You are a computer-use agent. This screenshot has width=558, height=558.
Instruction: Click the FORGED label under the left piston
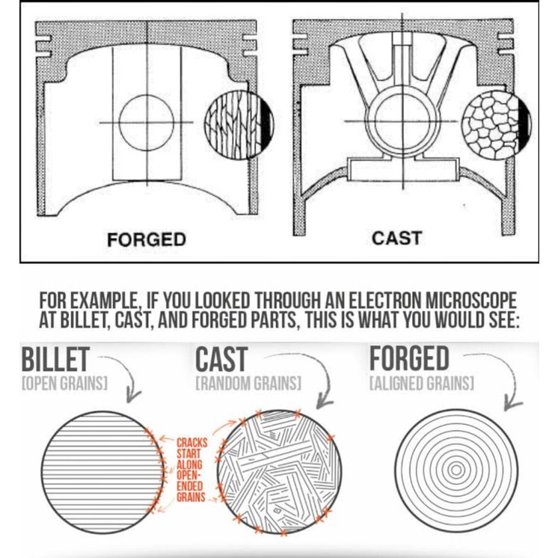click(147, 239)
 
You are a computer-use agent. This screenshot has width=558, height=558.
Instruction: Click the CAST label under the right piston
click(396, 238)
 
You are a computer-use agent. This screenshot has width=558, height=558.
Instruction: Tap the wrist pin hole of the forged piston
click(147, 123)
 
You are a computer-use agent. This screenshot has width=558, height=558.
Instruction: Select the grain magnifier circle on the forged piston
click(239, 124)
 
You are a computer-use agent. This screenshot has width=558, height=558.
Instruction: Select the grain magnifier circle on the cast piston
click(497, 125)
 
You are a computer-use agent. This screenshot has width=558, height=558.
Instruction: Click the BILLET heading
click(55, 360)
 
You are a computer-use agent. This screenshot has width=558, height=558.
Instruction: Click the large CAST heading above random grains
click(221, 360)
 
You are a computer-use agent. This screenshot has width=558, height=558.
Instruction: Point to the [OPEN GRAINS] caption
click(64, 383)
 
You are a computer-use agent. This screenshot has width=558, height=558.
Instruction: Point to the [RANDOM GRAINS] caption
click(248, 383)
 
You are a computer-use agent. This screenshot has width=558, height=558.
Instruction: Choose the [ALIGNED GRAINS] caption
click(422, 383)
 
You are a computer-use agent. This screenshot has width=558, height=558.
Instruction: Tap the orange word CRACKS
click(192, 443)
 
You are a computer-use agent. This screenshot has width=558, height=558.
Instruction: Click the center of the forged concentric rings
click(456, 470)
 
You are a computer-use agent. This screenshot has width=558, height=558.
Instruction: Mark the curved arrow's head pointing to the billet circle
click(132, 396)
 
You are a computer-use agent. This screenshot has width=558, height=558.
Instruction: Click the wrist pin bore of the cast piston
click(402, 122)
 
